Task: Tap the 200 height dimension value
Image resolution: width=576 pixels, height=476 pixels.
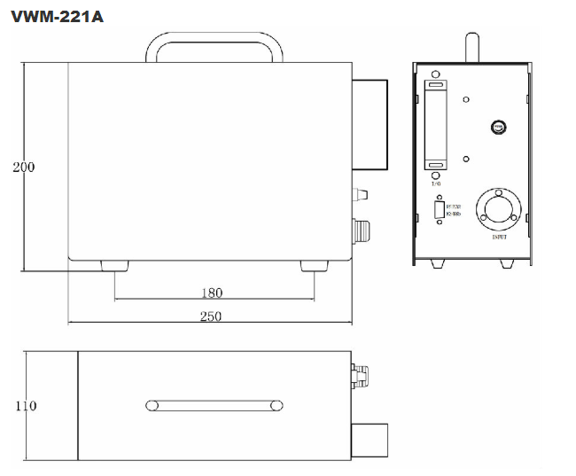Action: coord(23,167)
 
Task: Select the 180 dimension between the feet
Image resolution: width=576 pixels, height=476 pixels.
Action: coord(212,293)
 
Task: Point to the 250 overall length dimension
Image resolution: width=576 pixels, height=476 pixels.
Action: coord(211,316)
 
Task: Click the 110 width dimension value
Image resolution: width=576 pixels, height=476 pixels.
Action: coord(26,406)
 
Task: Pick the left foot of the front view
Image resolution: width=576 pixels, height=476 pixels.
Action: coord(115,266)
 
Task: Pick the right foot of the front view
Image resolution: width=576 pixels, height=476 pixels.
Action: coord(313,266)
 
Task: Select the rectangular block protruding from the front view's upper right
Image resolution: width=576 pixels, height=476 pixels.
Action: coord(370,125)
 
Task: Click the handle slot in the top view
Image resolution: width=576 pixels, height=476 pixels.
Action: coord(215,406)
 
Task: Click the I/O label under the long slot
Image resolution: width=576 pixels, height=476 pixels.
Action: coord(435,185)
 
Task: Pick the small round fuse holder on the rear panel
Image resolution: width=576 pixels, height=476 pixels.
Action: coord(499,129)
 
